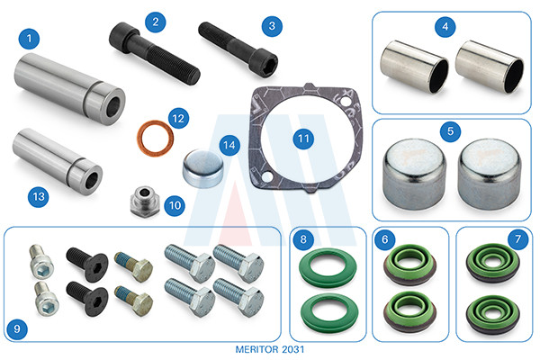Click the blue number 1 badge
pos(29,39)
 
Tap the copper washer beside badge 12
pos(155,138)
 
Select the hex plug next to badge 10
pos(145,201)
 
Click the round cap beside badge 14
pos(202,168)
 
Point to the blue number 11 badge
pos(303,139)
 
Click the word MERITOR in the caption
pos(256,349)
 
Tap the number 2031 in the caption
pos(293,349)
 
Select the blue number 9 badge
pos(17,328)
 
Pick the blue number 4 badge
pos(445,26)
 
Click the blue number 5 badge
pos(450,131)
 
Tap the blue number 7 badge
pos(517,239)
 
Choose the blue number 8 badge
pos(303,239)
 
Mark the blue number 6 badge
pos(384,239)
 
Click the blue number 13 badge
pos(38,197)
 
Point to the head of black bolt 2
pos(121,35)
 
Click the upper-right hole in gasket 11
pos(345,102)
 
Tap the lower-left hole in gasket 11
pos(266,177)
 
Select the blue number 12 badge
pos(178,119)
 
